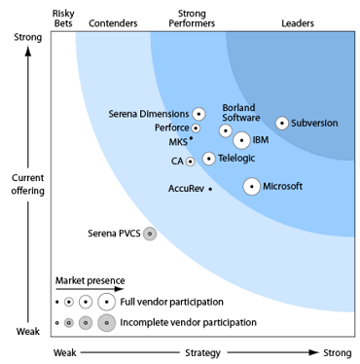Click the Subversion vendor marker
(282, 124)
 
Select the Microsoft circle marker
(252, 186)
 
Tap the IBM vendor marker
(241, 140)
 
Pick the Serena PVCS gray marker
(150, 234)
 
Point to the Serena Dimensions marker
(199, 114)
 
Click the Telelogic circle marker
(209, 158)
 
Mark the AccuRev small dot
(210, 189)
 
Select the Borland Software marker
(226, 130)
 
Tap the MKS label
(178, 142)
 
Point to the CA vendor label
(177, 161)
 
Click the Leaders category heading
(297, 21)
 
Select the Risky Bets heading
(65, 17)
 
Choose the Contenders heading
(112, 21)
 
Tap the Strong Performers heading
(198, 17)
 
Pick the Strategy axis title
(202, 352)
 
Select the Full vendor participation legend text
(173, 301)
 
